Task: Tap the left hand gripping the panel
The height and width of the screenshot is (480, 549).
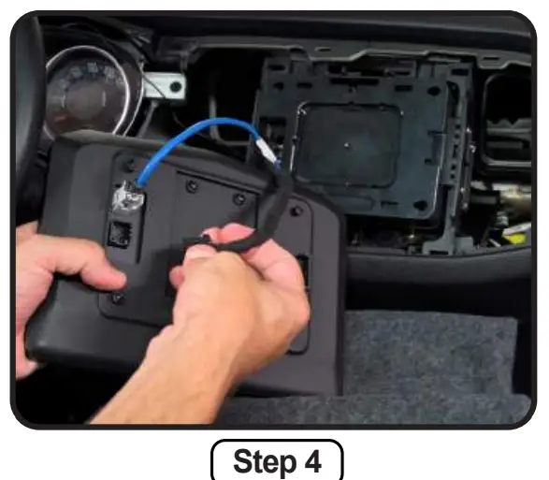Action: (x=65, y=281)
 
